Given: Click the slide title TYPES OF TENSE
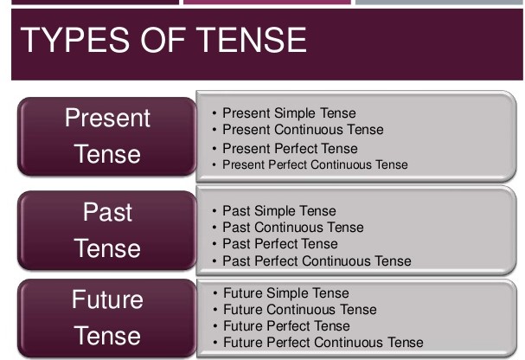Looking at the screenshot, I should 163,41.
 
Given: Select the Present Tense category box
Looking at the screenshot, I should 107,136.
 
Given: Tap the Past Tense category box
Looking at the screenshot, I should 107,230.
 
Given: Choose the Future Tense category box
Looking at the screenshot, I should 107,318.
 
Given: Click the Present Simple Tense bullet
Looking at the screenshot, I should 289,113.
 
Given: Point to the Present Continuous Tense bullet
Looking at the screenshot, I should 303,130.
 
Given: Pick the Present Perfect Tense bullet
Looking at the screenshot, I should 290,148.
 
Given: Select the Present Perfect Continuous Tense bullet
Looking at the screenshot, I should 315,164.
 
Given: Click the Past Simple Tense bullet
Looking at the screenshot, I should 279,211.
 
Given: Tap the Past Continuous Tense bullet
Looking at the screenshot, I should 293,228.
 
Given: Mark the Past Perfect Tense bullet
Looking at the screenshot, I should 280,244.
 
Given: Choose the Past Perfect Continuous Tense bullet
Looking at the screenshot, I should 317,260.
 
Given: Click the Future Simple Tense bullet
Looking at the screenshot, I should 286,293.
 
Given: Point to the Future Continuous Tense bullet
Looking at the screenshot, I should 299,310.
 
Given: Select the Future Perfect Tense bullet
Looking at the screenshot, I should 286,326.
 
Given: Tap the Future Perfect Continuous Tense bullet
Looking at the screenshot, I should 323,343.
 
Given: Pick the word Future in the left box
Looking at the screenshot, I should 107,300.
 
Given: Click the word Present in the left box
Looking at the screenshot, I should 107,119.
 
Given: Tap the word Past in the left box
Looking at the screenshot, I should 107,212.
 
